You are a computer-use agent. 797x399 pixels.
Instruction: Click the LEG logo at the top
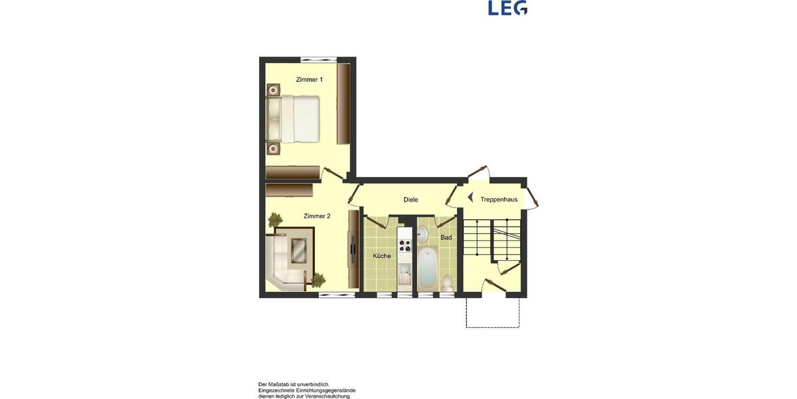pos(507,7)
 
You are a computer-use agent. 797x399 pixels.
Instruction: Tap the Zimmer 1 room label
pos(310,80)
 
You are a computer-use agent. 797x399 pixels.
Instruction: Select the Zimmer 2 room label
pos(317,216)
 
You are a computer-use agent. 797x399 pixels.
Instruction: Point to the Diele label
pos(410,199)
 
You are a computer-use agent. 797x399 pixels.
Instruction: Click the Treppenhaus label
pos(499,199)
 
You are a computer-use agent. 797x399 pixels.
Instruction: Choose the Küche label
pos(382,256)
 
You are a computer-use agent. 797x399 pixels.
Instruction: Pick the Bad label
pos(446,237)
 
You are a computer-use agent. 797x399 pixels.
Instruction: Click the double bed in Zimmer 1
pos(295,119)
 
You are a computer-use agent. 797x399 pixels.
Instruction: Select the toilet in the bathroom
pos(447,283)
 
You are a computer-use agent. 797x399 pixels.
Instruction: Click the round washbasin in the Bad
pos(423,233)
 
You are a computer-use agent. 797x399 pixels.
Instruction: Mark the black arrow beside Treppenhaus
pos(470,198)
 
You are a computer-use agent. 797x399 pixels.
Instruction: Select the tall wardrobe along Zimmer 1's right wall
pos(343,104)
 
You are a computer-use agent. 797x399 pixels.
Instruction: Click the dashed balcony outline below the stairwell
pos(492,313)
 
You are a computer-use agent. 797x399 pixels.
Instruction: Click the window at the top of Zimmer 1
pos(315,60)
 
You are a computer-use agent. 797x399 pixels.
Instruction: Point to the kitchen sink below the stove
pos(404,273)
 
